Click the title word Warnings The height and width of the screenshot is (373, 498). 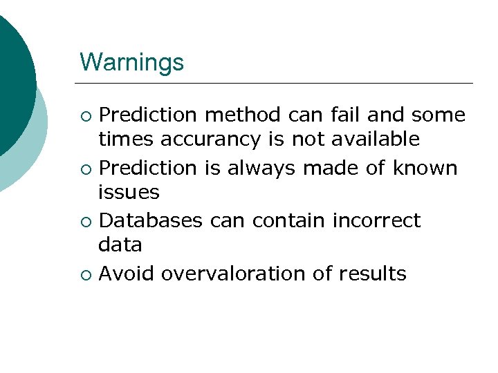coord(131,62)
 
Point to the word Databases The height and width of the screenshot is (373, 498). coord(151,220)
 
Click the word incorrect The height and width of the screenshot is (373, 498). coord(376,220)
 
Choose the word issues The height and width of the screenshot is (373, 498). coord(129,192)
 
